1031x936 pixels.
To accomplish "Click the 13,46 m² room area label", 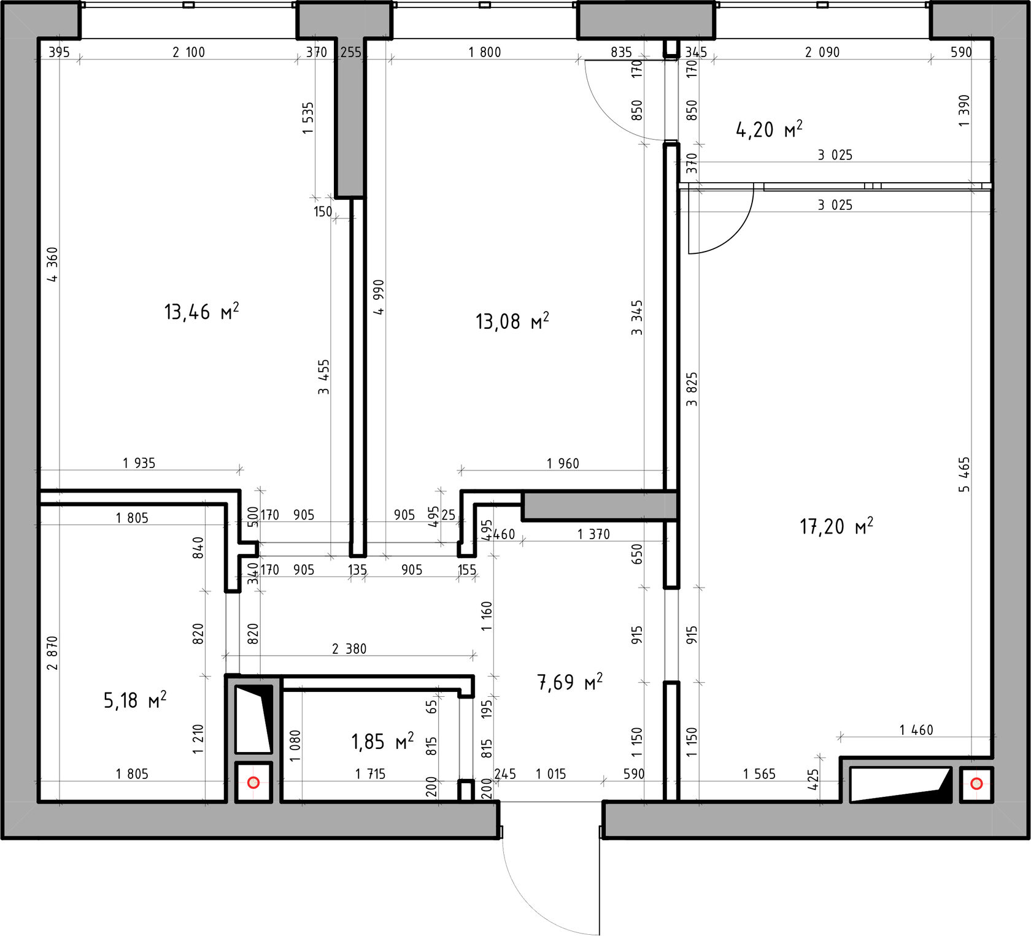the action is tap(201, 312).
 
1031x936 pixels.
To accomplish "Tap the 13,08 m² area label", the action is tap(512, 321).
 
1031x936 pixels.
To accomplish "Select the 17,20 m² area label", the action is tap(836, 526).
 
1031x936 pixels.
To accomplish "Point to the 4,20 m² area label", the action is tap(769, 129).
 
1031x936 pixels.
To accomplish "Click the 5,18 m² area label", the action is tap(135, 700).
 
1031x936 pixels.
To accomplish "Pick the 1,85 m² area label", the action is tap(382, 742).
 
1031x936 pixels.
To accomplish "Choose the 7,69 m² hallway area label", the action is tap(570, 681).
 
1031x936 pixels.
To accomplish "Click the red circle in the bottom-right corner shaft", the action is tap(977, 783).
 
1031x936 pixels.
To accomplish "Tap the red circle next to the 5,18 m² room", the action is tap(253, 783).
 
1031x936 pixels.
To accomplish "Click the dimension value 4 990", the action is tap(379, 297).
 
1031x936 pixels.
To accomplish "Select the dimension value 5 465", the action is tap(965, 474).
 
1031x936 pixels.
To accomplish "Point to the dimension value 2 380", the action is tap(349, 648).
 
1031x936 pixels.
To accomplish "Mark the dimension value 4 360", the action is tap(53, 264).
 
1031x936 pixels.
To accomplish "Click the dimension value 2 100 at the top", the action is tap(188, 52).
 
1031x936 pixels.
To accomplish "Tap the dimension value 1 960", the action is tap(563, 463).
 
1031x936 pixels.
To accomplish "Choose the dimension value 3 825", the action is tap(692, 389).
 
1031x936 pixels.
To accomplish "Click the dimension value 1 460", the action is tap(916, 730).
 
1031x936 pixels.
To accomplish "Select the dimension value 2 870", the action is tap(53, 653).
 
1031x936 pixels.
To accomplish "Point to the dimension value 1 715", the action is tap(370, 774).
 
